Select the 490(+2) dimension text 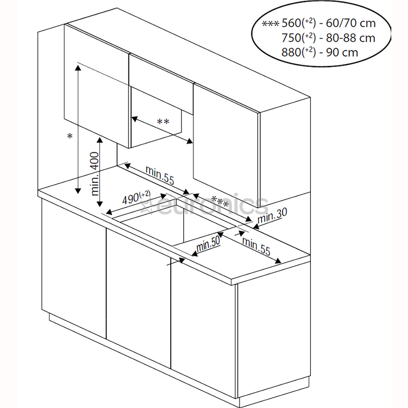pyautogui.click(x=135, y=198)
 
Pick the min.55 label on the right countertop pyautogui.click(x=257, y=246)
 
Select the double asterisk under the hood pyautogui.click(x=163, y=122)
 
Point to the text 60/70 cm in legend pyautogui.click(x=351, y=23)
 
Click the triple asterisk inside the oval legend pyautogui.click(x=270, y=23)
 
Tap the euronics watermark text pyautogui.click(x=212, y=206)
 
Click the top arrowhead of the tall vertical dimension pyautogui.click(x=78, y=67)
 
